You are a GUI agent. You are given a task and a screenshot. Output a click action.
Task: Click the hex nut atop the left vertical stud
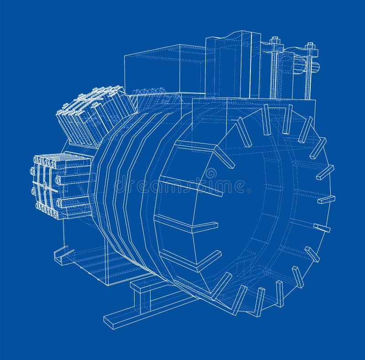click(x=275, y=41)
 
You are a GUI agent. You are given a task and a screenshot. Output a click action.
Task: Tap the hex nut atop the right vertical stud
click(x=311, y=46)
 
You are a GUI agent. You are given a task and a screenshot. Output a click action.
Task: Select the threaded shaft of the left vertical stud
click(x=274, y=73)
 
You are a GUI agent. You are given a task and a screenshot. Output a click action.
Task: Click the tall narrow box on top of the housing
click(x=233, y=64)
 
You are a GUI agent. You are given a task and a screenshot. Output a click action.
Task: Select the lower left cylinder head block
click(x=62, y=185)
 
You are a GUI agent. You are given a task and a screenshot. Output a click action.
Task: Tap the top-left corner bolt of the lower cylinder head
click(x=36, y=160)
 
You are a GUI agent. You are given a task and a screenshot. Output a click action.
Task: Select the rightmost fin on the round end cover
click(x=326, y=200)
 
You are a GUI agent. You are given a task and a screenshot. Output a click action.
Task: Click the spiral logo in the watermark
click(x=211, y=174)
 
